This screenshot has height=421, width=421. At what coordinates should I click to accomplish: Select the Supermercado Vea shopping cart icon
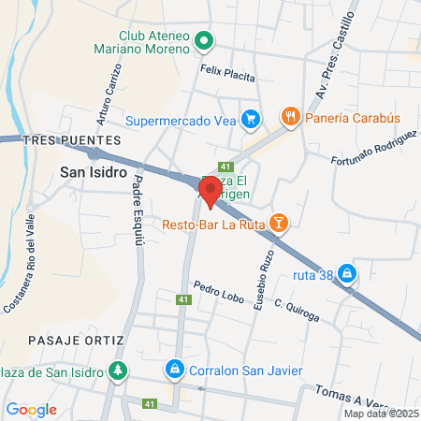pyautogui.click(x=250, y=119)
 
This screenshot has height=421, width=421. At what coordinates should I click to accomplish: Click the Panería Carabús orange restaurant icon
pyautogui.click(x=291, y=117)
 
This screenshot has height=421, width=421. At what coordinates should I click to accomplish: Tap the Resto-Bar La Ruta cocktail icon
pyautogui.click(x=278, y=223)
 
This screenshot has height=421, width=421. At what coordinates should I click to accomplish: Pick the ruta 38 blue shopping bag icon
pyautogui.click(x=347, y=273)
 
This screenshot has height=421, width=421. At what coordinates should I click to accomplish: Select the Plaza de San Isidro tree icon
pyautogui.click(x=117, y=370)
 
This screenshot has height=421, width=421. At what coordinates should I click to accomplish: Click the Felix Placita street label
pyautogui.click(x=226, y=69)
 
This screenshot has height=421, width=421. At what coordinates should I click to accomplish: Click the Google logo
pyautogui.click(x=31, y=409)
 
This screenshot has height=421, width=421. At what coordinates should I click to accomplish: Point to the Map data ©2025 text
pyautogui.click(x=381, y=414)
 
